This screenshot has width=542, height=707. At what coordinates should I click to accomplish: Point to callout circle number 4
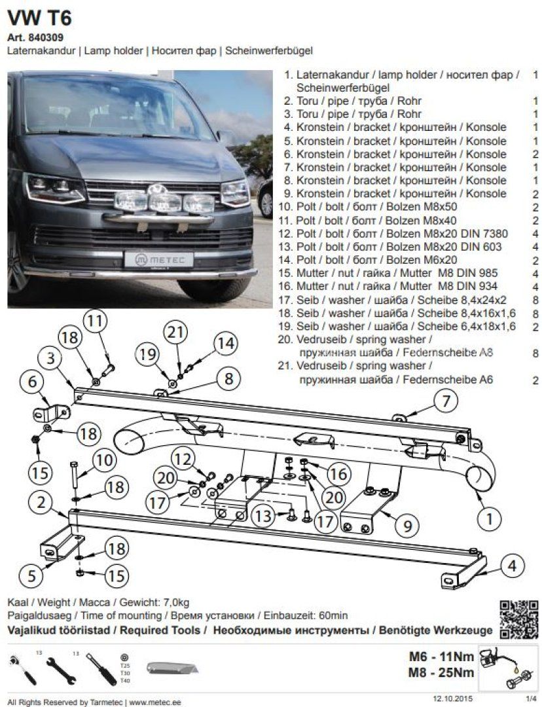513,564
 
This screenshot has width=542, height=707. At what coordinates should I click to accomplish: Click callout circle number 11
96,321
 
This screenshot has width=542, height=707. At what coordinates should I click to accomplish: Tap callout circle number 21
175,333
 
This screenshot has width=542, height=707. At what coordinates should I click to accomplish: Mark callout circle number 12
184,458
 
